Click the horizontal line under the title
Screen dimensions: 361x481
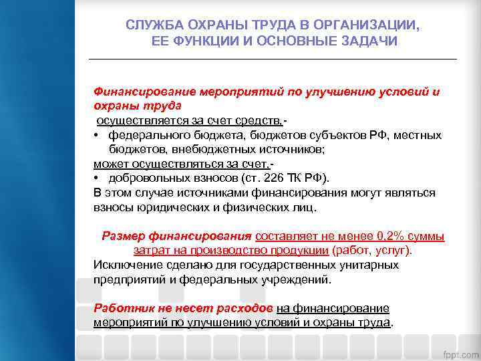(273, 59)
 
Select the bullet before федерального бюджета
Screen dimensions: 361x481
(98, 135)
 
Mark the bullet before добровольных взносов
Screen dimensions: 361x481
(98, 178)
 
